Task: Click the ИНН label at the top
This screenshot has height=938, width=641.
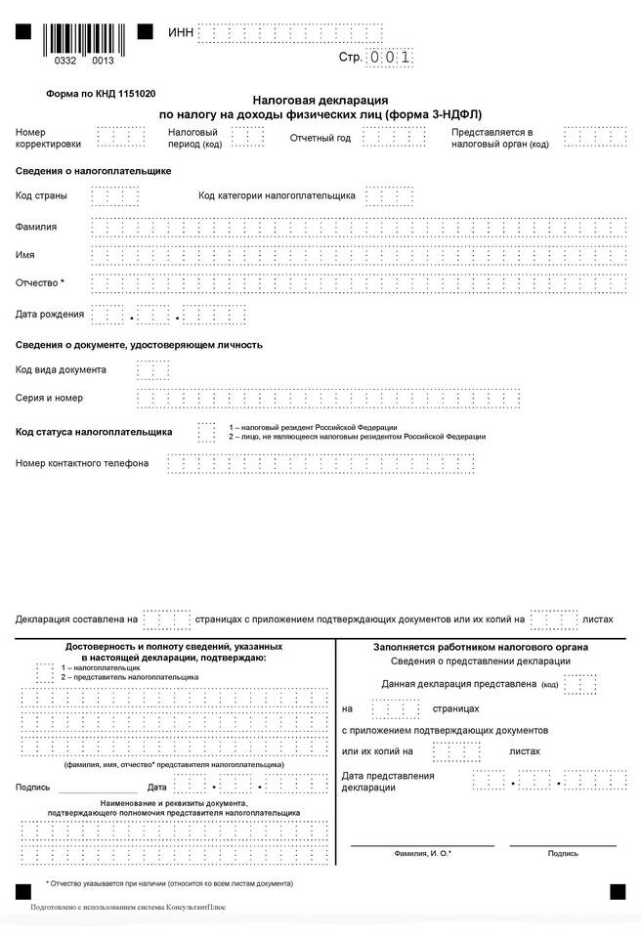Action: coord(181,33)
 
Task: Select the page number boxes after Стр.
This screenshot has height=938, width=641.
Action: coord(391,58)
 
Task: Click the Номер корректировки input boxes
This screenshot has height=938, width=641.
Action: coord(121,137)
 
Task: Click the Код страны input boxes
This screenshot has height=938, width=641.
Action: coord(114,195)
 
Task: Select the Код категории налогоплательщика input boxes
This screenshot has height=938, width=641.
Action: coord(389,195)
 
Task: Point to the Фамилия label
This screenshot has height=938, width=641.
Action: coord(36,227)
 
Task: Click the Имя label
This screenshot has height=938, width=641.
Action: coord(25,255)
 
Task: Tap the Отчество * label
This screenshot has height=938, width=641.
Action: coord(40,283)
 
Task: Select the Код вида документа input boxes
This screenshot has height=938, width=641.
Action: coord(152,370)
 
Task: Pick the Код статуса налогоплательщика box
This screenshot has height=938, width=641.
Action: coord(206,431)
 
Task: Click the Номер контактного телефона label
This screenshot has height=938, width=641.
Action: coord(82,462)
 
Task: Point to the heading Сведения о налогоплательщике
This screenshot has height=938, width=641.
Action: coord(94,171)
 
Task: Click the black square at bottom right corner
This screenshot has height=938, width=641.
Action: coord(618,891)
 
